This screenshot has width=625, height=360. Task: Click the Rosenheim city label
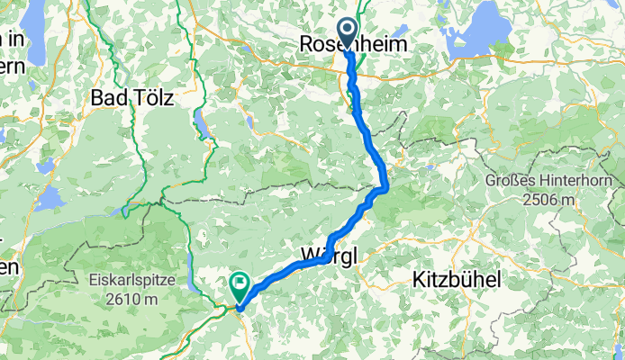pyautogui.click(x=353, y=44)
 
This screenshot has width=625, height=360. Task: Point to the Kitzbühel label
pyautogui.click(x=457, y=279)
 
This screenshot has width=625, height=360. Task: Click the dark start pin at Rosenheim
pyautogui.click(x=348, y=33)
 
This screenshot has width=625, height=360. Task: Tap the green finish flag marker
pyautogui.click(x=240, y=286)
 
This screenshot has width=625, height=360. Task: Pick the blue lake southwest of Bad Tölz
pyautogui.click(x=50, y=199)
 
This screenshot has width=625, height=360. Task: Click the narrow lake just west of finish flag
pyautogui.click(x=193, y=284)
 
